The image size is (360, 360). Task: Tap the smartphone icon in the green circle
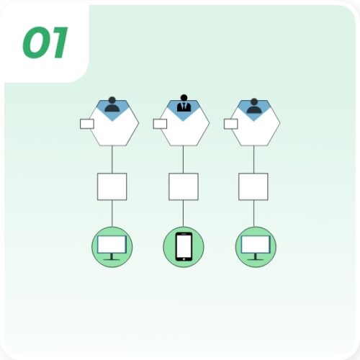[184, 247]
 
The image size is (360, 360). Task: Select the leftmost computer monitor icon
[112, 247]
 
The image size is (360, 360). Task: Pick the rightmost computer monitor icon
[254, 247]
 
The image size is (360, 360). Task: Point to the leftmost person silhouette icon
[112, 105]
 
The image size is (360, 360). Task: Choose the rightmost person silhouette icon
[253, 105]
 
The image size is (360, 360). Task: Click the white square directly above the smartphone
[184, 186]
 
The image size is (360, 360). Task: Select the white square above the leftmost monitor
[112, 186]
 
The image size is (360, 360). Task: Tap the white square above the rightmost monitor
[253, 186]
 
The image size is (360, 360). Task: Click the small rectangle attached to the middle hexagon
[160, 124]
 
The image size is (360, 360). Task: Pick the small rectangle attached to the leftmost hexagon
[87, 124]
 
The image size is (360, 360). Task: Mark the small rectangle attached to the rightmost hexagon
[231, 124]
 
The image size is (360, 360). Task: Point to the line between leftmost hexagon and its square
[112, 158]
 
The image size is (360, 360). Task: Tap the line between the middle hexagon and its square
[184, 158]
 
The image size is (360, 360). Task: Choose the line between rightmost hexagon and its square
[253, 158]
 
